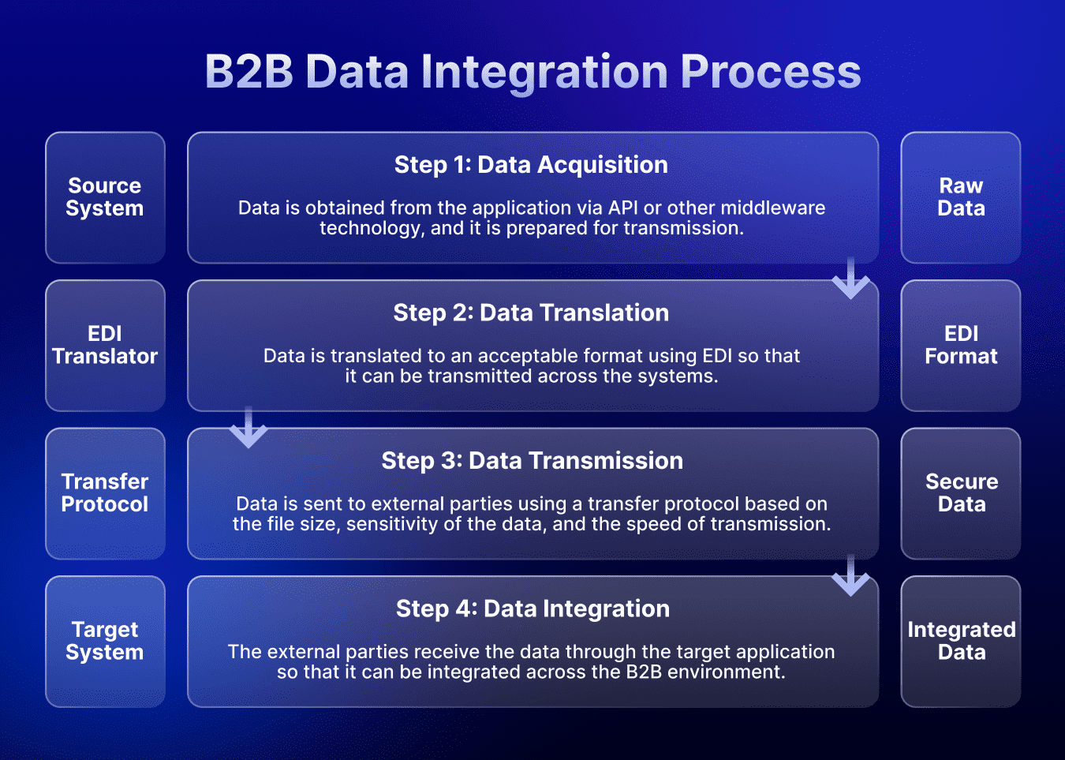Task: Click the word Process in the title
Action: click(x=770, y=73)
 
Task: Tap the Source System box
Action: click(x=105, y=197)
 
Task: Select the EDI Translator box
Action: click(x=105, y=346)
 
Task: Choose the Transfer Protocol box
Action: click(x=105, y=493)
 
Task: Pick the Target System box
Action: click(x=105, y=642)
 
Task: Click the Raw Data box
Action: click(x=961, y=197)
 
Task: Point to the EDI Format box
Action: click(x=961, y=346)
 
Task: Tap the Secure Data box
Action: click(x=961, y=493)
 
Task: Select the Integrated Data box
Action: click(x=961, y=642)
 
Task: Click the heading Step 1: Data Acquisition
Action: click(x=531, y=165)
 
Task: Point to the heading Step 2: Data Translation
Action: click(x=531, y=313)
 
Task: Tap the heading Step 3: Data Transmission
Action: click(x=532, y=461)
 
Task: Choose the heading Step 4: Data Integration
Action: click(x=532, y=609)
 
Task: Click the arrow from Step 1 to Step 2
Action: click(x=850, y=279)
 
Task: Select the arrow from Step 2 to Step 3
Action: click(x=248, y=428)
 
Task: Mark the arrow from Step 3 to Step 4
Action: click(x=850, y=576)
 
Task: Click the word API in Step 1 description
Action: click(x=623, y=208)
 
